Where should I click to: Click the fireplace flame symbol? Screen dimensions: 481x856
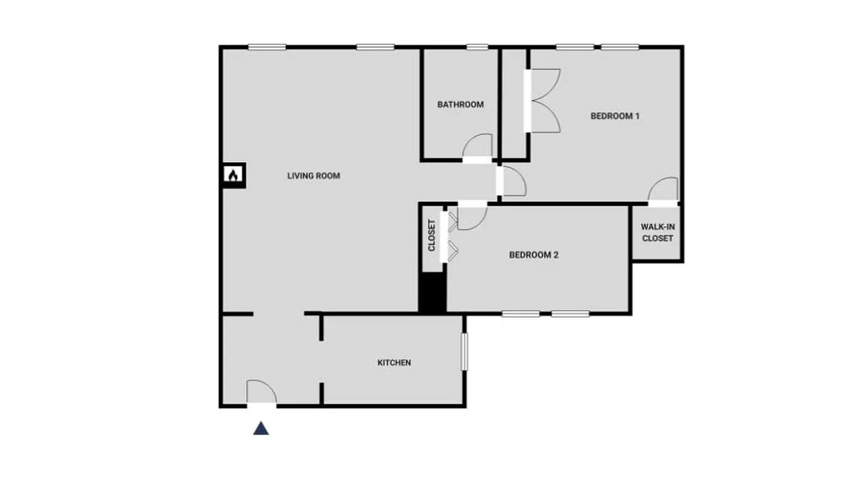point(234,175)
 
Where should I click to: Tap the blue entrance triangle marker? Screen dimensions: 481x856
point(261,428)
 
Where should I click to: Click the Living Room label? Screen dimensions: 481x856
point(314,176)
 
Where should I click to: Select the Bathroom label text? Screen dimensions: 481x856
point(461,105)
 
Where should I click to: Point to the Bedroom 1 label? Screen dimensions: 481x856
point(615,116)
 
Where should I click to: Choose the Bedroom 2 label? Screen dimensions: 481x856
point(534,255)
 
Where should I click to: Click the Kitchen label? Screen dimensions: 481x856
point(394,363)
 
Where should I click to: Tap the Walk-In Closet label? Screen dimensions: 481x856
point(657,233)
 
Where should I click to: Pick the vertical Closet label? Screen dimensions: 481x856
point(432,235)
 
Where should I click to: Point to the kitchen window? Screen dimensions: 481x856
point(464,352)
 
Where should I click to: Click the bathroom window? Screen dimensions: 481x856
point(477,47)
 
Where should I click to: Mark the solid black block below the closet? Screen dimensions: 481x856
point(432,292)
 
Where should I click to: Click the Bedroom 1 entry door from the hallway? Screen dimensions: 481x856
point(513,182)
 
